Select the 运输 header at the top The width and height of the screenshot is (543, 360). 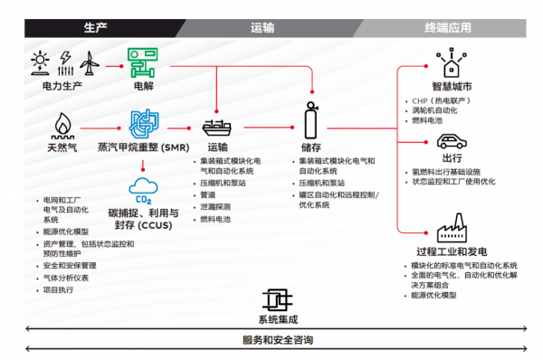[262, 28]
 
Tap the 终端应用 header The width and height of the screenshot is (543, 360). [450, 28]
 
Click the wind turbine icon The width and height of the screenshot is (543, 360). [89, 63]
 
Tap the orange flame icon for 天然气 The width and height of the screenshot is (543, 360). [63, 123]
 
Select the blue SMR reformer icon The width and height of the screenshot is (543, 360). [144, 124]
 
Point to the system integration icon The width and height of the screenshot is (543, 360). [276, 301]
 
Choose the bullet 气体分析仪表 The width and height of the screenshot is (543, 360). [65, 278]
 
